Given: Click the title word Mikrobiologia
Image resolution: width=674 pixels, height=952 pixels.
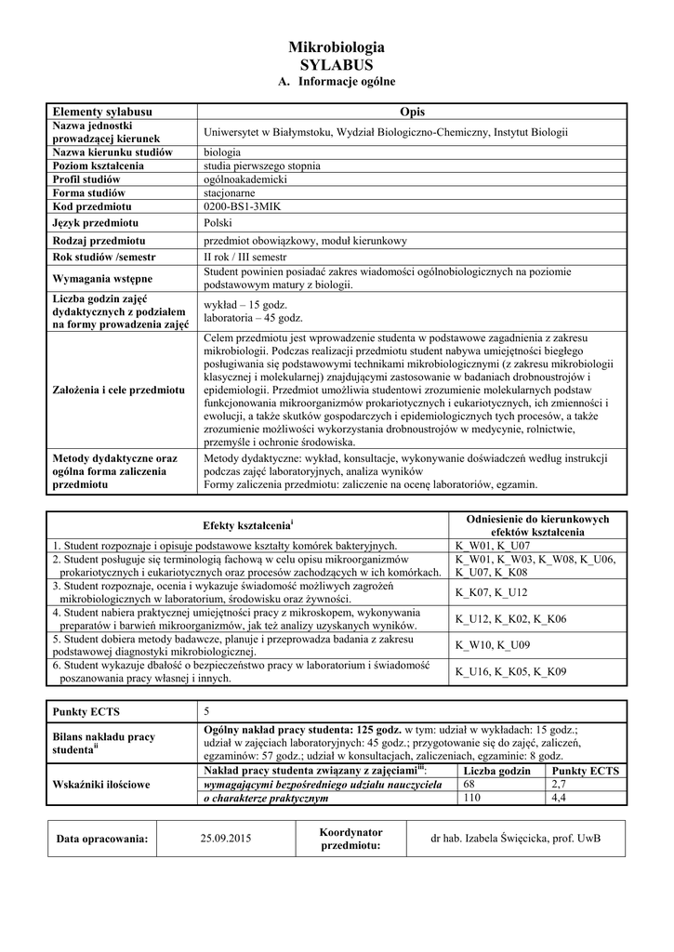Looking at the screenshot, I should click(x=337, y=47).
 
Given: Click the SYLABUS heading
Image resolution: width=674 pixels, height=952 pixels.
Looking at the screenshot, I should click(x=337, y=65).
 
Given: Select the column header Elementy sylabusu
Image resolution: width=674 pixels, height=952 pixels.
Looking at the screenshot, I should click(x=102, y=112).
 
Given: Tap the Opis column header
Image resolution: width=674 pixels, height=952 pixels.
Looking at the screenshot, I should click(x=412, y=112).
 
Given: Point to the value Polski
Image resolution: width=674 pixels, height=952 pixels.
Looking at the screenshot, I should click(x=218, y=223).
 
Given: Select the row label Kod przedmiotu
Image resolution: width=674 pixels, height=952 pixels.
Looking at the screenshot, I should click(x=92, y=205).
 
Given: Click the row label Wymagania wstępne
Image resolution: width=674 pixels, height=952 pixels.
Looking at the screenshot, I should click(x=102, y=278).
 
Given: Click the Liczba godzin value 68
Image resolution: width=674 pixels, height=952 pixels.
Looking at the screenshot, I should click(x=469, y=785).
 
